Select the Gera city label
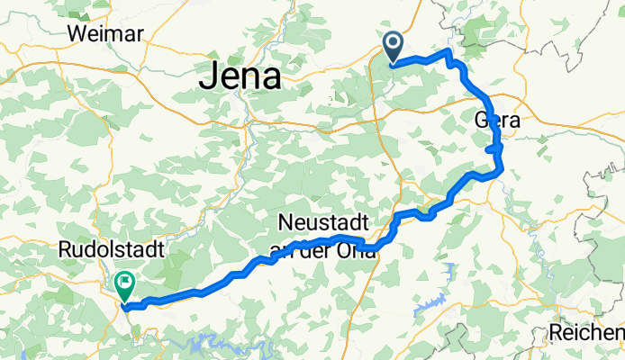click(x=497, y=120)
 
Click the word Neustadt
click(x=322, y=221)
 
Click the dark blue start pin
click(x=394, y=46)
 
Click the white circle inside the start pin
click(x=394, y=41)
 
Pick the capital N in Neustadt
click(x=285, y=221)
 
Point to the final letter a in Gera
click(x=515, y=121)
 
